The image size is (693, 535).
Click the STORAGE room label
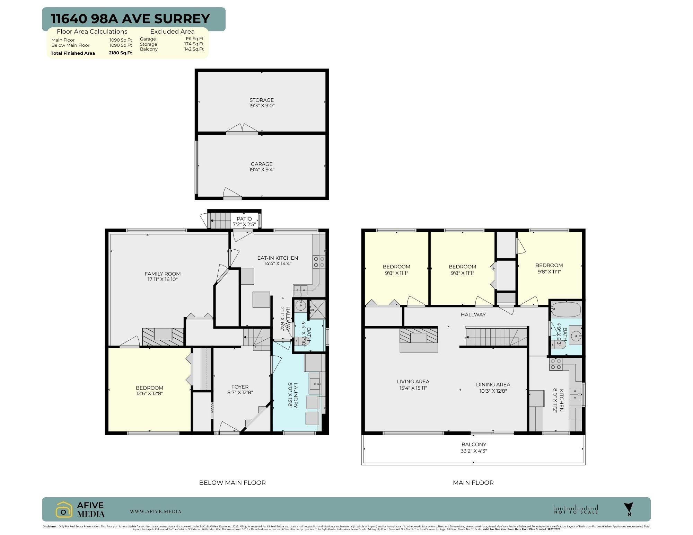(x=262, y=100)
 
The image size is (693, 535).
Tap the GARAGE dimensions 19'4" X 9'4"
(x=262, y=170)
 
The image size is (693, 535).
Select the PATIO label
(x=244, y=219)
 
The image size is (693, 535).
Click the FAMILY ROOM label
(x=163, y=274)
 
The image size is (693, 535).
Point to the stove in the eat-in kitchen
(x=319, y=262)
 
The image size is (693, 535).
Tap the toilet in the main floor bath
(x=558, y=345)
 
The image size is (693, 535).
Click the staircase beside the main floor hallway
(x=495, y=337)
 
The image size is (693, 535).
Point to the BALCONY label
(x=474, y=444)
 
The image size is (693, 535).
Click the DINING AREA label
(x=493, y=384)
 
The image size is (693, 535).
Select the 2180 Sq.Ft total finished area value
(x=120, y=53)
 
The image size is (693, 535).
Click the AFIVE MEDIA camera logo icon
(x=64, y=510)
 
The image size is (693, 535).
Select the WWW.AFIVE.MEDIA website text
(x=156, y=511)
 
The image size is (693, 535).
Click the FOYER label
(x=240, y=387)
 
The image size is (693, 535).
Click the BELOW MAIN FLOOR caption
(x=232, y=482)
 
